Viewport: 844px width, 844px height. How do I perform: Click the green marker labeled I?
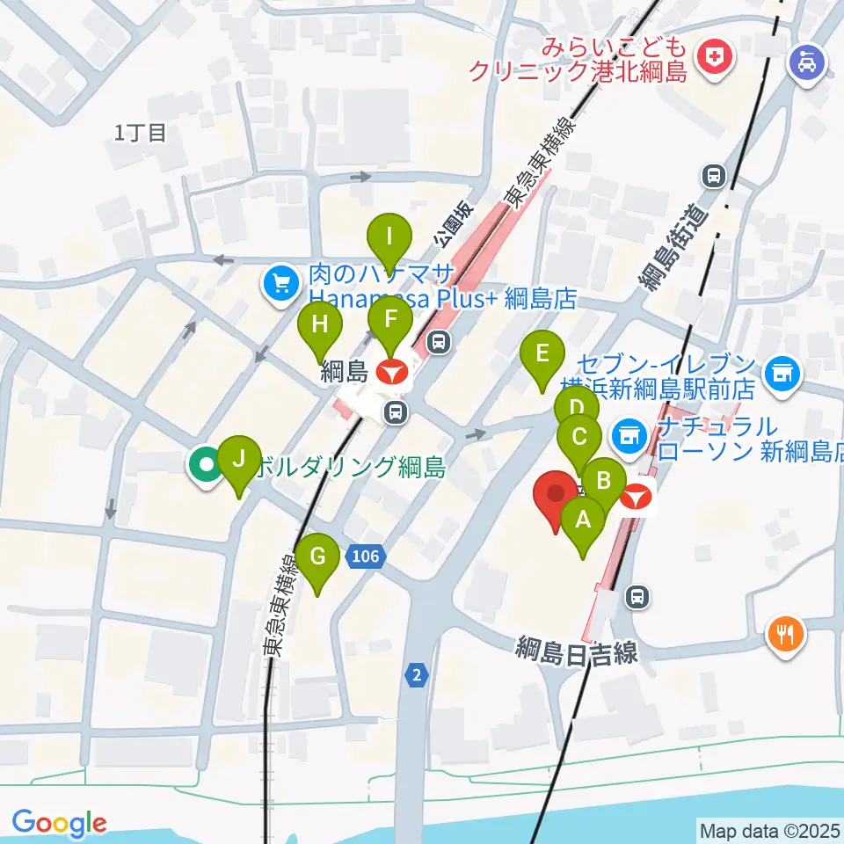click(389, 237)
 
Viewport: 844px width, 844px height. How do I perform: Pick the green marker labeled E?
click(542, 355)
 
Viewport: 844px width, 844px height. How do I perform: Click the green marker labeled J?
click(238, 460)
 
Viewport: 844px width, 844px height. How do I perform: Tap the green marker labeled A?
click(583, 520)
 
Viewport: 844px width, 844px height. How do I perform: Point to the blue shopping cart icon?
click(281, 284)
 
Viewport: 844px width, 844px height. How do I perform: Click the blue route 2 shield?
click(416, 675)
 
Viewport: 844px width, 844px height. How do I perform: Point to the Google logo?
click(59, 823)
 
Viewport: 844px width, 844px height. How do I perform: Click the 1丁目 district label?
click(141, 134)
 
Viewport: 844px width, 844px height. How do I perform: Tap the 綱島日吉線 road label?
click(577, 652)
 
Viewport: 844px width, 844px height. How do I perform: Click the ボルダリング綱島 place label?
click(350, 467)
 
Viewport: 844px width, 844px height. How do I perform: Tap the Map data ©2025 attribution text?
click(768, 830)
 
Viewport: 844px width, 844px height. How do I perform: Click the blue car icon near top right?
click(805, 63)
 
